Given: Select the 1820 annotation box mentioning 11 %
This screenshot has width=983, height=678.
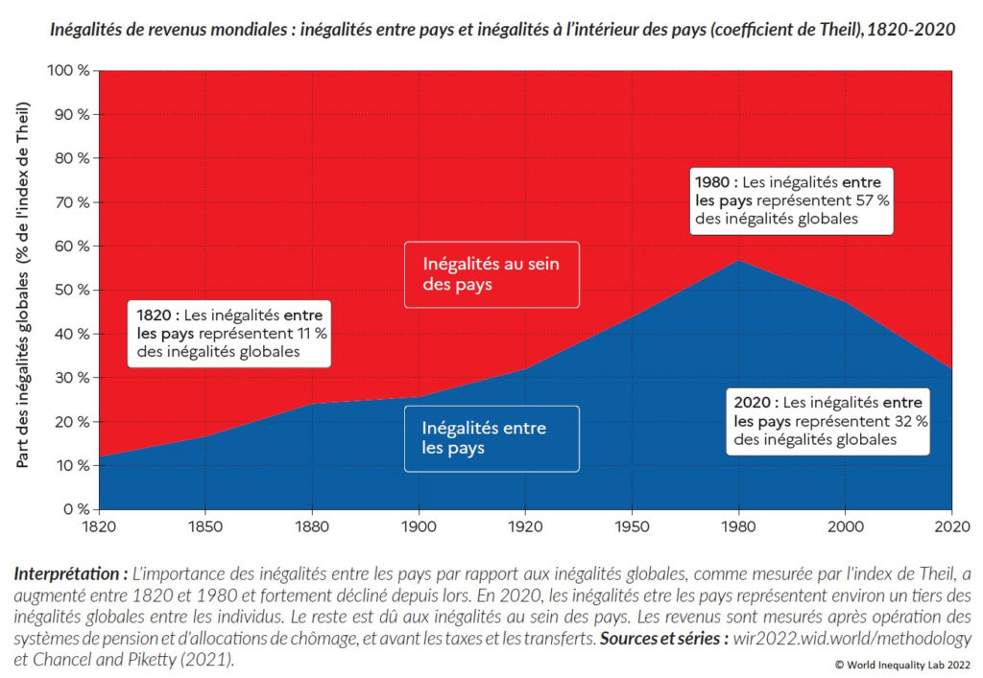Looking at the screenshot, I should (x=228, y=333).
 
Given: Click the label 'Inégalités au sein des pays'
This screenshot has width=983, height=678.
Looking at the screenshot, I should (x=491, y=274).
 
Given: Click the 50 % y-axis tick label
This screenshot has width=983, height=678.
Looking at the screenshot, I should (x=71, y=291).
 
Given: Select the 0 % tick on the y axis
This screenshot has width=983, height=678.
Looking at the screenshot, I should (x=75, y=509).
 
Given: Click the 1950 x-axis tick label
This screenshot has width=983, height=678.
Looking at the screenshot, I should (x=631, y=527).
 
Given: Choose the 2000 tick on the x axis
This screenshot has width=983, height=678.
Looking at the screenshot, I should (x=845, y=527).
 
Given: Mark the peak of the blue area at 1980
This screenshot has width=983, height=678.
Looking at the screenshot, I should (x=738, y=261).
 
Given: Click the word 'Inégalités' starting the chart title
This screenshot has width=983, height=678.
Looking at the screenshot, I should (x=87, y=30).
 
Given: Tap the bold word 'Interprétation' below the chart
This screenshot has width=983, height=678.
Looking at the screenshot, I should (x=70, y=574).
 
